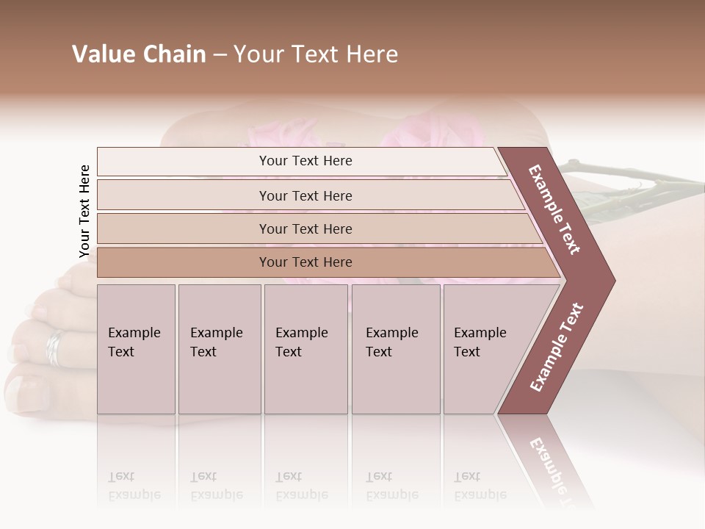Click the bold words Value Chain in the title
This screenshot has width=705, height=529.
pos(139,54)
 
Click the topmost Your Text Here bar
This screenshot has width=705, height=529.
pos(305,161)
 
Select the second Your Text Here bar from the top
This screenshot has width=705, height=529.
pos(305,195)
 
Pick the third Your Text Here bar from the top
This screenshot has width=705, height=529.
pos(305,228)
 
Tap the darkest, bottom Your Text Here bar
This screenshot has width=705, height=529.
pos(305,262)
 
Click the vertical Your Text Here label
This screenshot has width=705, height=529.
pos(84,212)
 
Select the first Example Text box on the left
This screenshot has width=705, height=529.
pos(136,349)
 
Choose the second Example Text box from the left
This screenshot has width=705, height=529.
pos(219,349)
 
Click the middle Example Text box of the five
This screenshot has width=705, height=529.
pos(305,349)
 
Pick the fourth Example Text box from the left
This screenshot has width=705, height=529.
pos(395,349)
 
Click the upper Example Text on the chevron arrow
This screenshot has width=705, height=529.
pos(555,209)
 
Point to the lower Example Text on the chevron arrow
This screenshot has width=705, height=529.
pos(557,348)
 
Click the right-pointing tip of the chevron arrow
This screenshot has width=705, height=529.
pos(611,281)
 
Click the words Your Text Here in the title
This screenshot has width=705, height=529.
pos(316,54)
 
